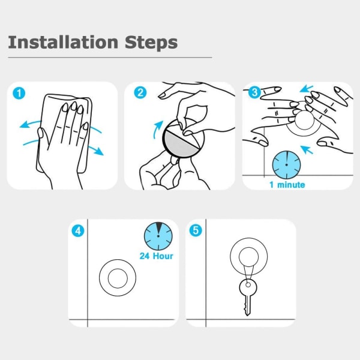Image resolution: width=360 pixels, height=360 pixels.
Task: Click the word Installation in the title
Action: coord(63,42)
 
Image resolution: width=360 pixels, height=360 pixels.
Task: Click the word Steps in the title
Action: coord(151,43)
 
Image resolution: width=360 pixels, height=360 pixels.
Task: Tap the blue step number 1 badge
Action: coord(19,93)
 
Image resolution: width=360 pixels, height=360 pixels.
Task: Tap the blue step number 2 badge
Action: coord(140,92)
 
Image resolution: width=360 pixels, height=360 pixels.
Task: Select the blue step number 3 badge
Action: coord(255,92)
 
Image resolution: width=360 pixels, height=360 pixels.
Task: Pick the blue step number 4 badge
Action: coord(78,231)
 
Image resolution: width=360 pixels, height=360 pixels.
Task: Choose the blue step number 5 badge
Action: coord(196,230)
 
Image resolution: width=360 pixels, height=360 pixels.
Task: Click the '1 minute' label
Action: coord(287,185)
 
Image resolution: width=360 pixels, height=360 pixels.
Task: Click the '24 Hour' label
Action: coord(157,256)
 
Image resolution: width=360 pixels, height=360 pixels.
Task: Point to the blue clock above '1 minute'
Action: coord(287,165)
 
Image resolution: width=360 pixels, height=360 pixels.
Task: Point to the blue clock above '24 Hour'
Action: coord(158,236)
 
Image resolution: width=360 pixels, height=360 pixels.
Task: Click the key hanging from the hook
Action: coord(248,298)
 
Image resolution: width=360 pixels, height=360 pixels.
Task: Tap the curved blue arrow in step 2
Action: coord(157,129)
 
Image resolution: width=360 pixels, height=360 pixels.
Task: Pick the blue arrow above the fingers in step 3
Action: coord(307,89)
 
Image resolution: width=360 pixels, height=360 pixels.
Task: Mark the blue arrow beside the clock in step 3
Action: coord(307,149)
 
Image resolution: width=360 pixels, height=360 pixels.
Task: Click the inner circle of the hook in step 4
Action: coord(118,278)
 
